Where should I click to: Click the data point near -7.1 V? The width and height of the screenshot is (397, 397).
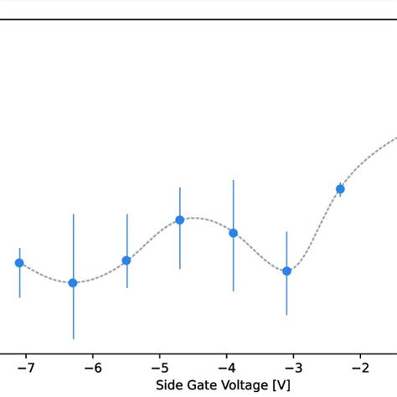click(19, 263)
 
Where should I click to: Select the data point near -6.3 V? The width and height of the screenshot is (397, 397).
click(73, 283)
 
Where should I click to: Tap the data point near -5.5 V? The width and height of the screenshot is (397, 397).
click(126, 260)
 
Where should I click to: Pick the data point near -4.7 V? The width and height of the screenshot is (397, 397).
click(180, 220)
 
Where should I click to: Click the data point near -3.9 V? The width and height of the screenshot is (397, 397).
click(234, 233)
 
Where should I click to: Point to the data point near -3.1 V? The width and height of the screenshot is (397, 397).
click(287, 271)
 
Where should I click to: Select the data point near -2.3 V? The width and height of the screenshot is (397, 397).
click(340, 189)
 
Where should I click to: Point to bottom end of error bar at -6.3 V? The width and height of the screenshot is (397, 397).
click(73, 338)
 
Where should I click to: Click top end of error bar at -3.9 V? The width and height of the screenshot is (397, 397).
click(234, 180)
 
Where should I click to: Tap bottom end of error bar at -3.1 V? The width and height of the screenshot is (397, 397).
click(287, 315)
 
